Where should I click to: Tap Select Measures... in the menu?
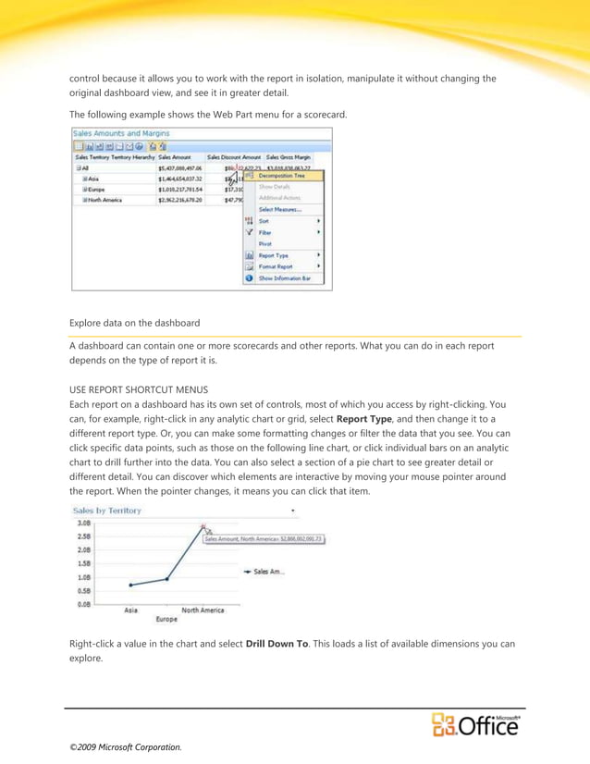pyautogui.click(x=279, y=209)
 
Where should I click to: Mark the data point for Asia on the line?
pyautogui.click(x=131, y=585)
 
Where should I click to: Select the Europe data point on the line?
pyautogui.click(x=166, y=579)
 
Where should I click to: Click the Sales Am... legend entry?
pyautogui.click(x=268, y=572)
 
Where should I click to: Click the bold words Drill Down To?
pyautogui.click(x=277, y=642)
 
